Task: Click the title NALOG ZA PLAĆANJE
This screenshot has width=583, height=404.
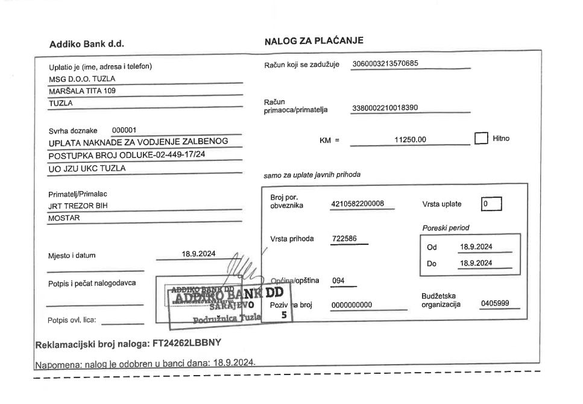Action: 314,41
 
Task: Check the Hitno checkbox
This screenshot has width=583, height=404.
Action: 481,139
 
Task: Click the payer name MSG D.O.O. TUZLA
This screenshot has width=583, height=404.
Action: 82,79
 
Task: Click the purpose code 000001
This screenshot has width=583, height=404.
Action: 125,130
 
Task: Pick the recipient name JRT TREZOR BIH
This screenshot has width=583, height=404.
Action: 78,206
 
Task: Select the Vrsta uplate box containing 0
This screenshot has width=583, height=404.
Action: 491,204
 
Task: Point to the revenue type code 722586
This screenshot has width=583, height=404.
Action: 345,238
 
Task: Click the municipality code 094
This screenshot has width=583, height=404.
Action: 340,280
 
